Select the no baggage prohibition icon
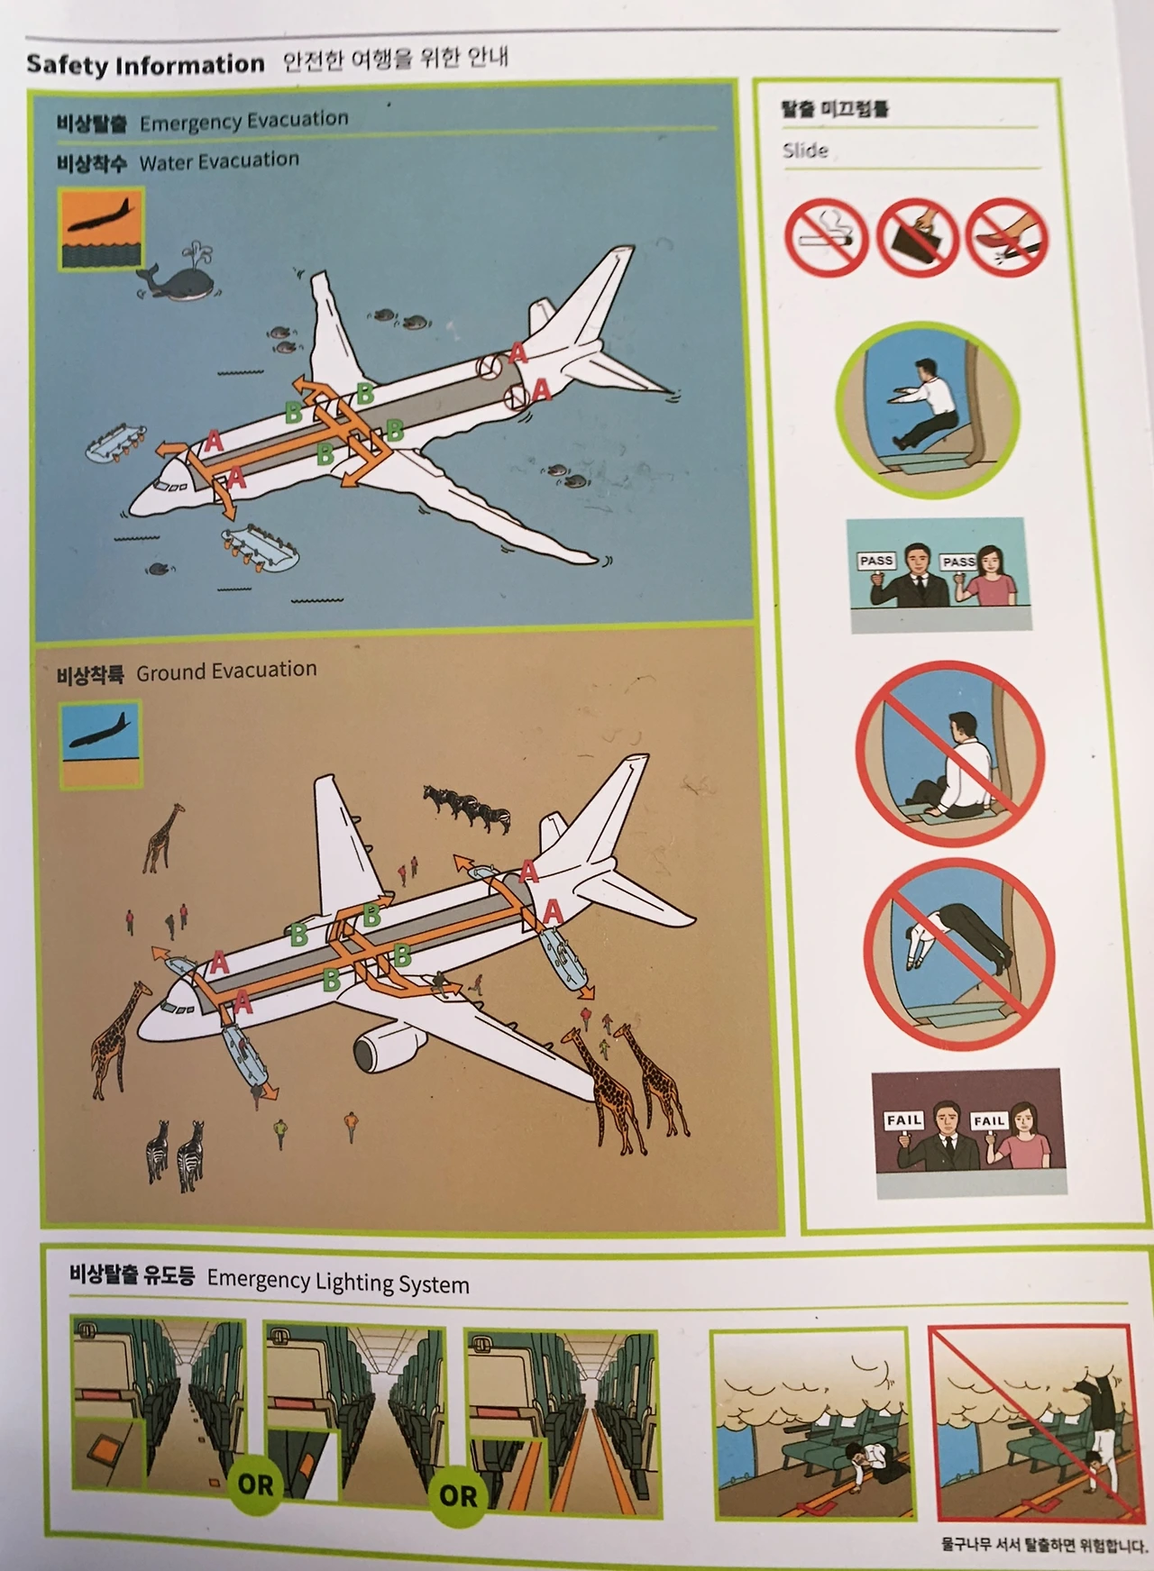click(x=916, y=236)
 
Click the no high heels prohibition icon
click(x=1007, y=237)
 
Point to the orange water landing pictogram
click(x=100, y=229)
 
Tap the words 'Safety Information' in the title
click(x=145, y=64)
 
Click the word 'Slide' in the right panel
click(x=804, y=150)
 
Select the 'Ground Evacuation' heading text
click(x=226, y=670)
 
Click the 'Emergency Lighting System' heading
click(x=338, y=1281)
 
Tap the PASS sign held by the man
click(x=875, y=562)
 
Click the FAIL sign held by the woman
click(x=988, y=1120)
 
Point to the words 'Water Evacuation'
click(x=219, y=160)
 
